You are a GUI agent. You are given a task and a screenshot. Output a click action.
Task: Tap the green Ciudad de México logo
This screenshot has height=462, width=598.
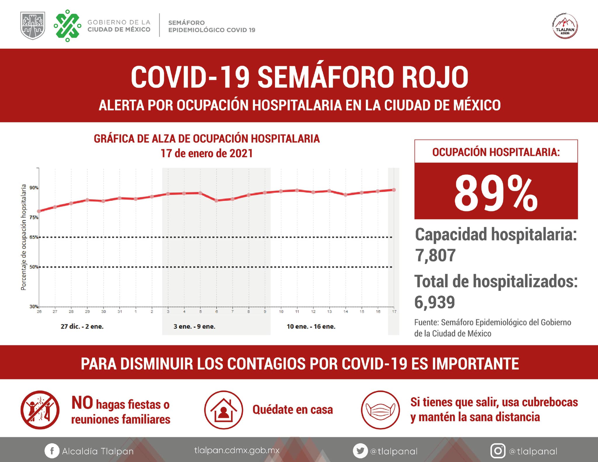[x=67, y=26]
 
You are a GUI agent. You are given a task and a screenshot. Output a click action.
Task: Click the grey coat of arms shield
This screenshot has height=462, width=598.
[x=33, y=26]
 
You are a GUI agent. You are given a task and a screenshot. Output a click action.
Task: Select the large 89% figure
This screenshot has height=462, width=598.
[x=496, y=193]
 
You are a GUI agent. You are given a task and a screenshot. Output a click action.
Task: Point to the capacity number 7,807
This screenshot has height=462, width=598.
[x=435, y=255]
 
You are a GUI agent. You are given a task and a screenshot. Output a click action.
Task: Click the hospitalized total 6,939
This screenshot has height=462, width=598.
[x=435, y=302]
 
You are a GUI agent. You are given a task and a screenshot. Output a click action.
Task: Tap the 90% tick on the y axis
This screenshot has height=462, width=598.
[x=34, y=188]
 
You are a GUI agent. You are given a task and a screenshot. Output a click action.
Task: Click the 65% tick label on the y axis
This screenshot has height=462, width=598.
[x=34, y=237]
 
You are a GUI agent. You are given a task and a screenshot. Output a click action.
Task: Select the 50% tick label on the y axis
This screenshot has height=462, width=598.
[x=34, y=267]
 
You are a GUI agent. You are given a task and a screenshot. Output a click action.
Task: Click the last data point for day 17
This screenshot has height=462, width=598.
[x=394, y=190]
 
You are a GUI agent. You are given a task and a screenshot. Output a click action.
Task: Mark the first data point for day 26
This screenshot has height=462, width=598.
[x=39, y=211]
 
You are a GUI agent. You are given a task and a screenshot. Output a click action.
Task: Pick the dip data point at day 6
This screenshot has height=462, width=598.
[x=216, y=201]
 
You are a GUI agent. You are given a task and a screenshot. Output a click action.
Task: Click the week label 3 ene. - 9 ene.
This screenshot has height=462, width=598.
[x=194, y=326]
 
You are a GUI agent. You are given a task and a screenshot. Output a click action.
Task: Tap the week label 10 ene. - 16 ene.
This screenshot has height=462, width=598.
[x=311, y=326]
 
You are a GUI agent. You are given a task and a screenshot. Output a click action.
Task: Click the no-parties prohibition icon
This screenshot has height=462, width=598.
[x=40, y=410]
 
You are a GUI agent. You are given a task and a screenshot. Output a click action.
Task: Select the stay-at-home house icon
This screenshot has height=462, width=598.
[x=224, y=410]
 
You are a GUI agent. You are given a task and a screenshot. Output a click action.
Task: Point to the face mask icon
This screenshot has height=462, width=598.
[x=380, y=410]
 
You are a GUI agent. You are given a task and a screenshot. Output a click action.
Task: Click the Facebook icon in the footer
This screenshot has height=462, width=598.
[x=52, y=451]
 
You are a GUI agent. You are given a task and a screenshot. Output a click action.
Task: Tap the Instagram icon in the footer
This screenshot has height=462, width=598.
[x=498, y=451]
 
